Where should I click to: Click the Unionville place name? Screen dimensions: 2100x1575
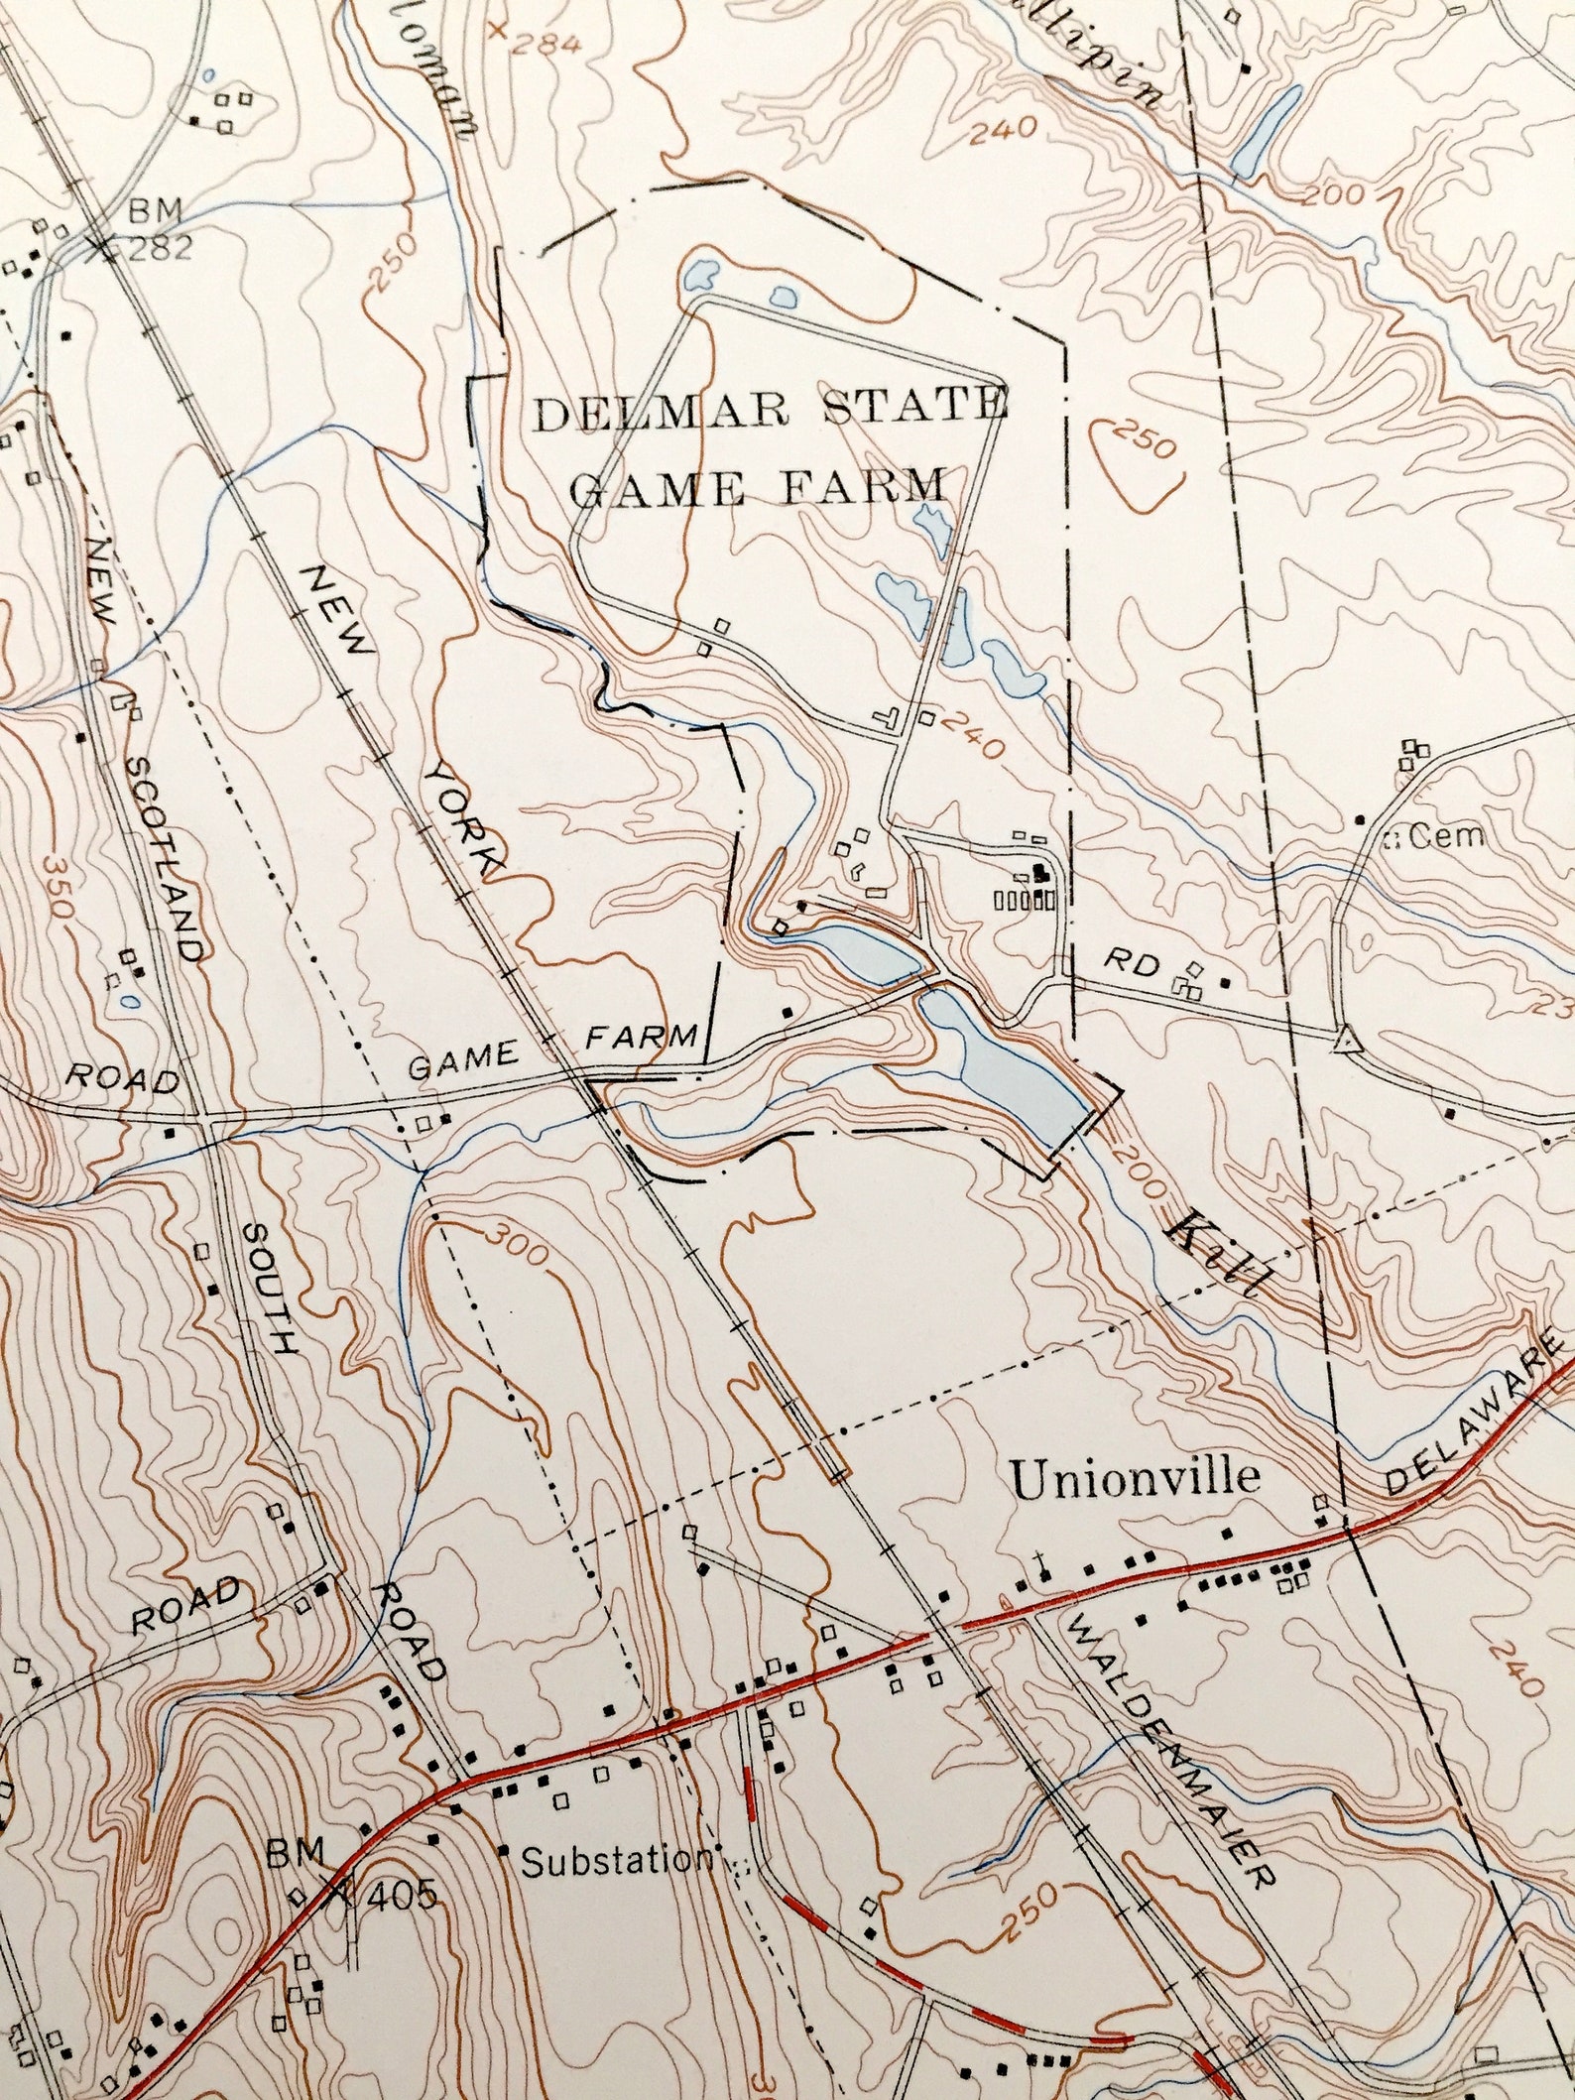(1135, 1477)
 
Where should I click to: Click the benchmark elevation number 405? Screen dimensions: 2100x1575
(401, 1897)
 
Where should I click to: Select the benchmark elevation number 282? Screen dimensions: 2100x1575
(160, 248)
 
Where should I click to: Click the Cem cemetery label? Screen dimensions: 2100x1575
(1447, 836)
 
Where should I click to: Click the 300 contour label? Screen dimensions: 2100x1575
(515, 1247)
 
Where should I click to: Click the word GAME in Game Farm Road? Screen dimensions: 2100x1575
(464, 1063)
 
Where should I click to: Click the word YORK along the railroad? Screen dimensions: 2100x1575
(466, 819)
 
